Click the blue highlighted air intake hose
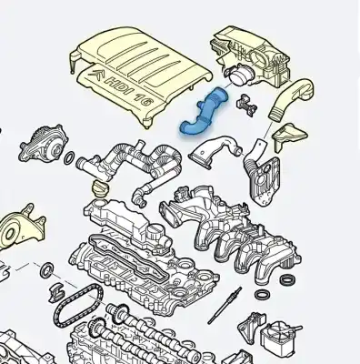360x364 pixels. click(202, 124)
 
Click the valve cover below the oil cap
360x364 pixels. click(127, 227)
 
